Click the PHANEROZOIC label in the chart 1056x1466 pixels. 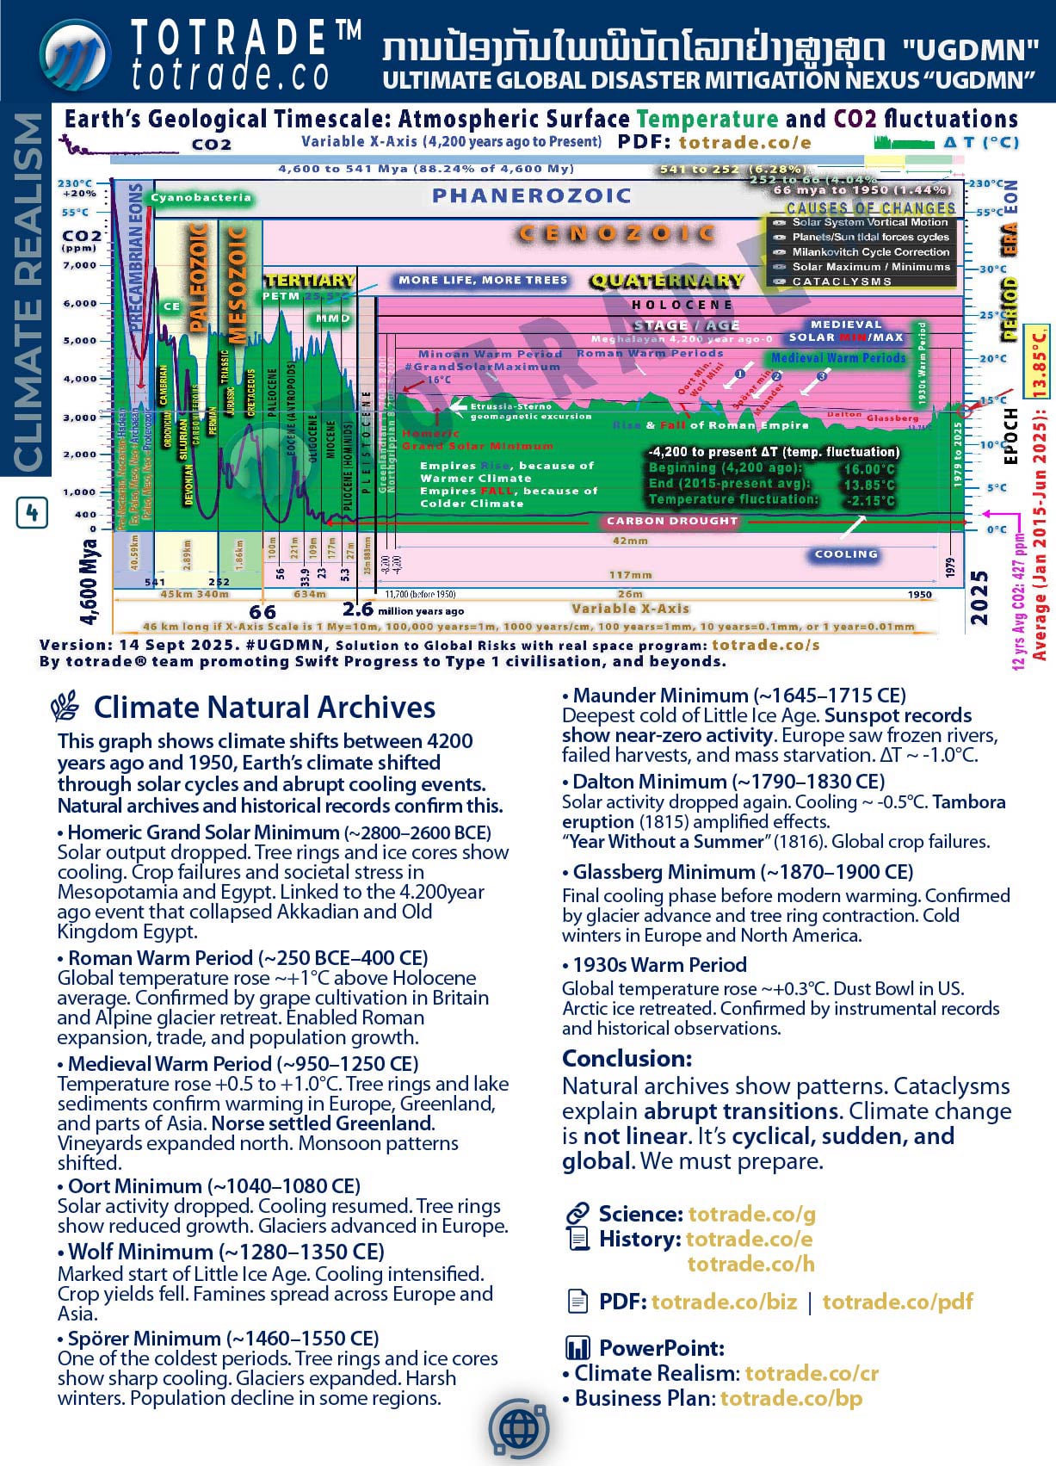click(x=532, y=196)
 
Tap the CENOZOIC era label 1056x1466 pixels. click(x=616, y=233)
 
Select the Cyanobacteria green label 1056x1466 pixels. click(x=201, y=198)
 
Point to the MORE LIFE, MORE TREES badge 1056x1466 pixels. click(x=483, y=281)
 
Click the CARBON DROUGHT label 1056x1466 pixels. click(x=672, y=521)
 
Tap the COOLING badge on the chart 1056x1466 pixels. click(x=846, y=554)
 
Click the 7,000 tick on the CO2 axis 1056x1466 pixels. click(x=80, y=265)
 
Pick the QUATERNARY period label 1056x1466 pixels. click(x=666, y=281)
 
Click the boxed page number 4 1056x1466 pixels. click(x=32, y=514)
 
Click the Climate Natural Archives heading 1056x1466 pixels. click(x=264, y=708)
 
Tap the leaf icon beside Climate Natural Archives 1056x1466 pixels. click(x=65, y=708)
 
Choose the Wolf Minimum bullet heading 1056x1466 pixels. click(x=225, y=1252)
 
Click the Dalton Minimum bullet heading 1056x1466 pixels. click(x=728, y=782)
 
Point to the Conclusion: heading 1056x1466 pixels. click(x=627, y=1058)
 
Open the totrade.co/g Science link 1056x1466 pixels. click(x=751, y=1214)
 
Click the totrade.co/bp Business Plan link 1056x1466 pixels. click(x=791, y=1398)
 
